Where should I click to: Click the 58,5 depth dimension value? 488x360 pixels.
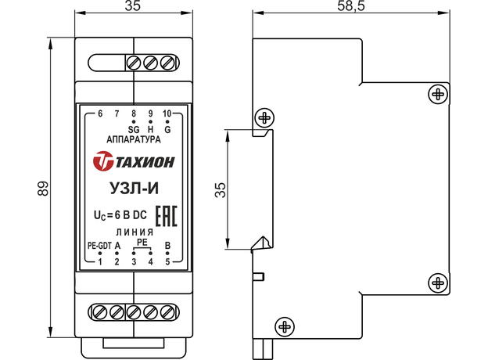pos(354,6)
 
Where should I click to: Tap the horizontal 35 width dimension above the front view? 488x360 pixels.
pos(134,7)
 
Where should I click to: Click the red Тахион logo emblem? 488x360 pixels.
pos(102,163)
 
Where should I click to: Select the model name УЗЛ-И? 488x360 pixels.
pos(134,189)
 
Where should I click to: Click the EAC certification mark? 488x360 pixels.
pos(164,214)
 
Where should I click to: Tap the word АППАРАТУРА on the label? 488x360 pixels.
pos(134,140)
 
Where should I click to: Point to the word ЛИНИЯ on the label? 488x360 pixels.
pos(134,233)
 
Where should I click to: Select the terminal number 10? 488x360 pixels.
pos(167,114)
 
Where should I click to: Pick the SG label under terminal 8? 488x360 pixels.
pos(132,129)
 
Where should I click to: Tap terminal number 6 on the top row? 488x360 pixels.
pos(100,114)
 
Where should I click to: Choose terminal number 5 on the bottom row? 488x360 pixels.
pos(167,261)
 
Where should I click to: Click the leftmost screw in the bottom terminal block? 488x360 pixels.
pos(100,311)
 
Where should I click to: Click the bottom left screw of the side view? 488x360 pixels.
pos(285,325)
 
